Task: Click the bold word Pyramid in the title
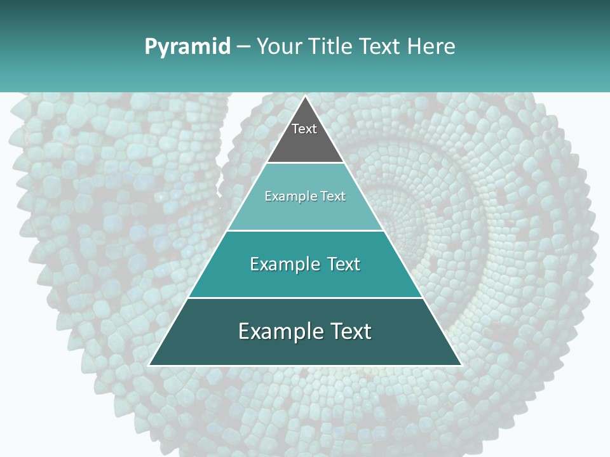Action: tap(187, 47)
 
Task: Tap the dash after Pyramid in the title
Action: tap(243, 47)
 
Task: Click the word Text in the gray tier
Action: tap(304, 129)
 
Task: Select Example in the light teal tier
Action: tap(290, 196)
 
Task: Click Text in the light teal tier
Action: tap(333, 196)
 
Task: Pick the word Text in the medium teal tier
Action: tap(344, 264)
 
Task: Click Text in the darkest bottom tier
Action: tap(351, 331)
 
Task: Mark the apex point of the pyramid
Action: tap(305, 96)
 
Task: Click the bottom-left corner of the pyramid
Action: tap(149, 365)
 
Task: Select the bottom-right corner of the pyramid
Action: tap(461, 365)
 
